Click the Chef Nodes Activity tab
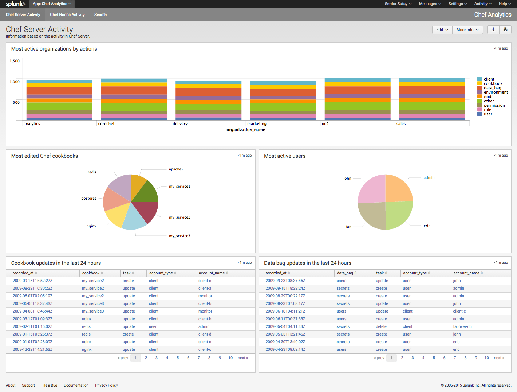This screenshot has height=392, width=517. tap(67, 15)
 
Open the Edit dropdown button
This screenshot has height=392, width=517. tap(442, 30)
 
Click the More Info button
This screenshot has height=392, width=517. tap(467, 30)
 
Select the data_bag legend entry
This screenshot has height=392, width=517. tap(492, 88)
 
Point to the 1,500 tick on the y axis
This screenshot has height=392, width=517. tap(15, 61)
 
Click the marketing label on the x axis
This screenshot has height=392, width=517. tap(257, 124)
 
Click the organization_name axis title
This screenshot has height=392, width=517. tap(246, 130)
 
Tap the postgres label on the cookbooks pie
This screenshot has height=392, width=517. tap(89, 199)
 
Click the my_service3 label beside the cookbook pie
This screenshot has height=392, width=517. tap(179, 236)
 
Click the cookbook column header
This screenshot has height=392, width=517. tap(91, 273)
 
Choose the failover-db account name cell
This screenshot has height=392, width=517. tap(462, 326)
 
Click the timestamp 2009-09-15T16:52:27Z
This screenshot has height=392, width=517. tap(32, 281)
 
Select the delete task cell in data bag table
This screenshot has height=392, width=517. tap(381, 326)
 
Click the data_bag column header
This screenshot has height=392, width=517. tap(345, 273)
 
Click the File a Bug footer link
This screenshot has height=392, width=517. tap(49, 385)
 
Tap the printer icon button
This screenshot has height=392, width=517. tap(505, 30)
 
